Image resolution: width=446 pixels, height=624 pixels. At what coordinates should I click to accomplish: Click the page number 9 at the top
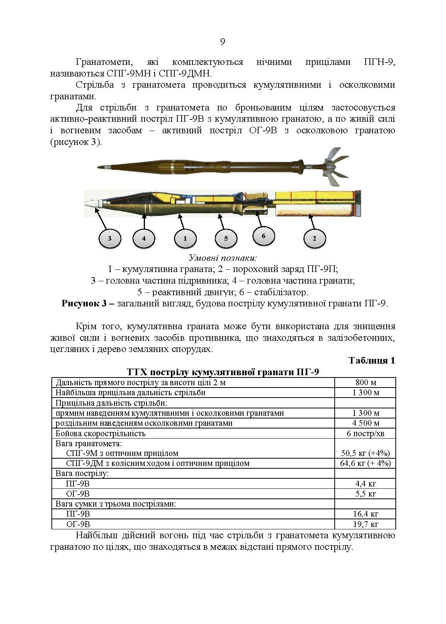click(x=222, y=42)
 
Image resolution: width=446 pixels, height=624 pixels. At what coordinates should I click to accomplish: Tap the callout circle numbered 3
click(x=109, y=238)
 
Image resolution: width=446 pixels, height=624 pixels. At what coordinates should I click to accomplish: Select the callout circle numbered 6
click(x=264, y=236)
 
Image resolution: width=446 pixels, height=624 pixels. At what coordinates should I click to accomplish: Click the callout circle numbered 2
click(x=314, y=238)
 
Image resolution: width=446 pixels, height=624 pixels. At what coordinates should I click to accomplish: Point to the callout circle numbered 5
click(x=226, y=238)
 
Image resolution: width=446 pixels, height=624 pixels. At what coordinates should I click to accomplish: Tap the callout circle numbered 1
click(x=185, y=238)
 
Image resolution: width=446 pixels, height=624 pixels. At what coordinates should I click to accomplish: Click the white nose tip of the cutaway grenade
click(x=92, y=203)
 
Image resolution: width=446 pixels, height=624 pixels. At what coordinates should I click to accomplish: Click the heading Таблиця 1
click(x=372, y=360)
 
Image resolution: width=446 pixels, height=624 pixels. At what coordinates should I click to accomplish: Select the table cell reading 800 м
click(x=365, y=383)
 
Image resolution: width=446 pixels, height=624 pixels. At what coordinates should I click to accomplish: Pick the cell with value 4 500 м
click(x=365, y=423)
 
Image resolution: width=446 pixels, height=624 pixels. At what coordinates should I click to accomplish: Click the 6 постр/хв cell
click(x=365, y=433)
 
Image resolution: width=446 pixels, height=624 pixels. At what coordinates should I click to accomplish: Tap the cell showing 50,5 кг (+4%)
click(x=365, y=453)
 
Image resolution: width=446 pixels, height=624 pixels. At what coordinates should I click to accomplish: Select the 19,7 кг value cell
click(x=365, y=524)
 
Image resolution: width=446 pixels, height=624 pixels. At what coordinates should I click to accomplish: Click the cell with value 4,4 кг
click(x=365, y=483)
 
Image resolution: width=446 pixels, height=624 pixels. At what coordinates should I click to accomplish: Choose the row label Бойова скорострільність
click(x=100, y=433)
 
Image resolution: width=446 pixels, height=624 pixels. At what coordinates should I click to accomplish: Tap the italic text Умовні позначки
click(x=223, y=258)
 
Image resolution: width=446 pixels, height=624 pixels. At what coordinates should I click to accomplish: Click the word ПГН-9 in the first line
click(x=379, y=62)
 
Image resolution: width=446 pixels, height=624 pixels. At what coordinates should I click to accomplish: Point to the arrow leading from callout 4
click(x=144, y=221)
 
